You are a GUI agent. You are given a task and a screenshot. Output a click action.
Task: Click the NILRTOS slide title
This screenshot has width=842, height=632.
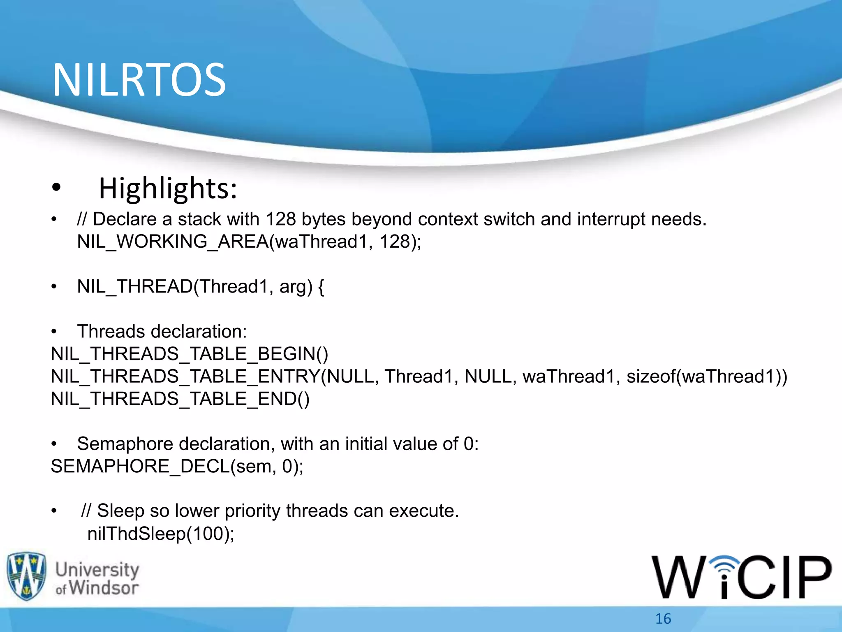click(x=139, y=80)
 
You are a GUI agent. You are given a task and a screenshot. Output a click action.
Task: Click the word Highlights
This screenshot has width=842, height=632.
click(x=168, y=188)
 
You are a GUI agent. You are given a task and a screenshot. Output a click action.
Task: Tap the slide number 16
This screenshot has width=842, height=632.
click(x=663, y=619)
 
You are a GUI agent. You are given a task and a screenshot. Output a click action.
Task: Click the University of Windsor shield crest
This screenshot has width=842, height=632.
click(x=27, y=576)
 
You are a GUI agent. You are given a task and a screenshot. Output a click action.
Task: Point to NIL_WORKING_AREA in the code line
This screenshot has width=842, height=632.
click(x=173, y=242)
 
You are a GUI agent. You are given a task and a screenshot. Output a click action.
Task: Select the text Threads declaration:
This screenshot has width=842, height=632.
click(x=162, y=332)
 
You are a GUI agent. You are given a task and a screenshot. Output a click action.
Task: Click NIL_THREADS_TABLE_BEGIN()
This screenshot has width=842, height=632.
click(x=190, y=354)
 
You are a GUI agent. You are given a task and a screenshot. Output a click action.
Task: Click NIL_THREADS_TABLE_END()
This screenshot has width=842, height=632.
click(x=180, y=399)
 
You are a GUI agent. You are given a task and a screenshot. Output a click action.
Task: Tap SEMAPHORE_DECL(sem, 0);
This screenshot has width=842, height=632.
click(x=177, y=467)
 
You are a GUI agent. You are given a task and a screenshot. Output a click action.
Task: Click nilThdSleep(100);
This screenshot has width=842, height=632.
click(x=161, y=534)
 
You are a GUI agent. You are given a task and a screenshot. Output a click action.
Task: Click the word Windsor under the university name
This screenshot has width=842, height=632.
click(x=104, y=588)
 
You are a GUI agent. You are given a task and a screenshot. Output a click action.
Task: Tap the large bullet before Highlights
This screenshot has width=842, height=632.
click(x=56, y=188)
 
